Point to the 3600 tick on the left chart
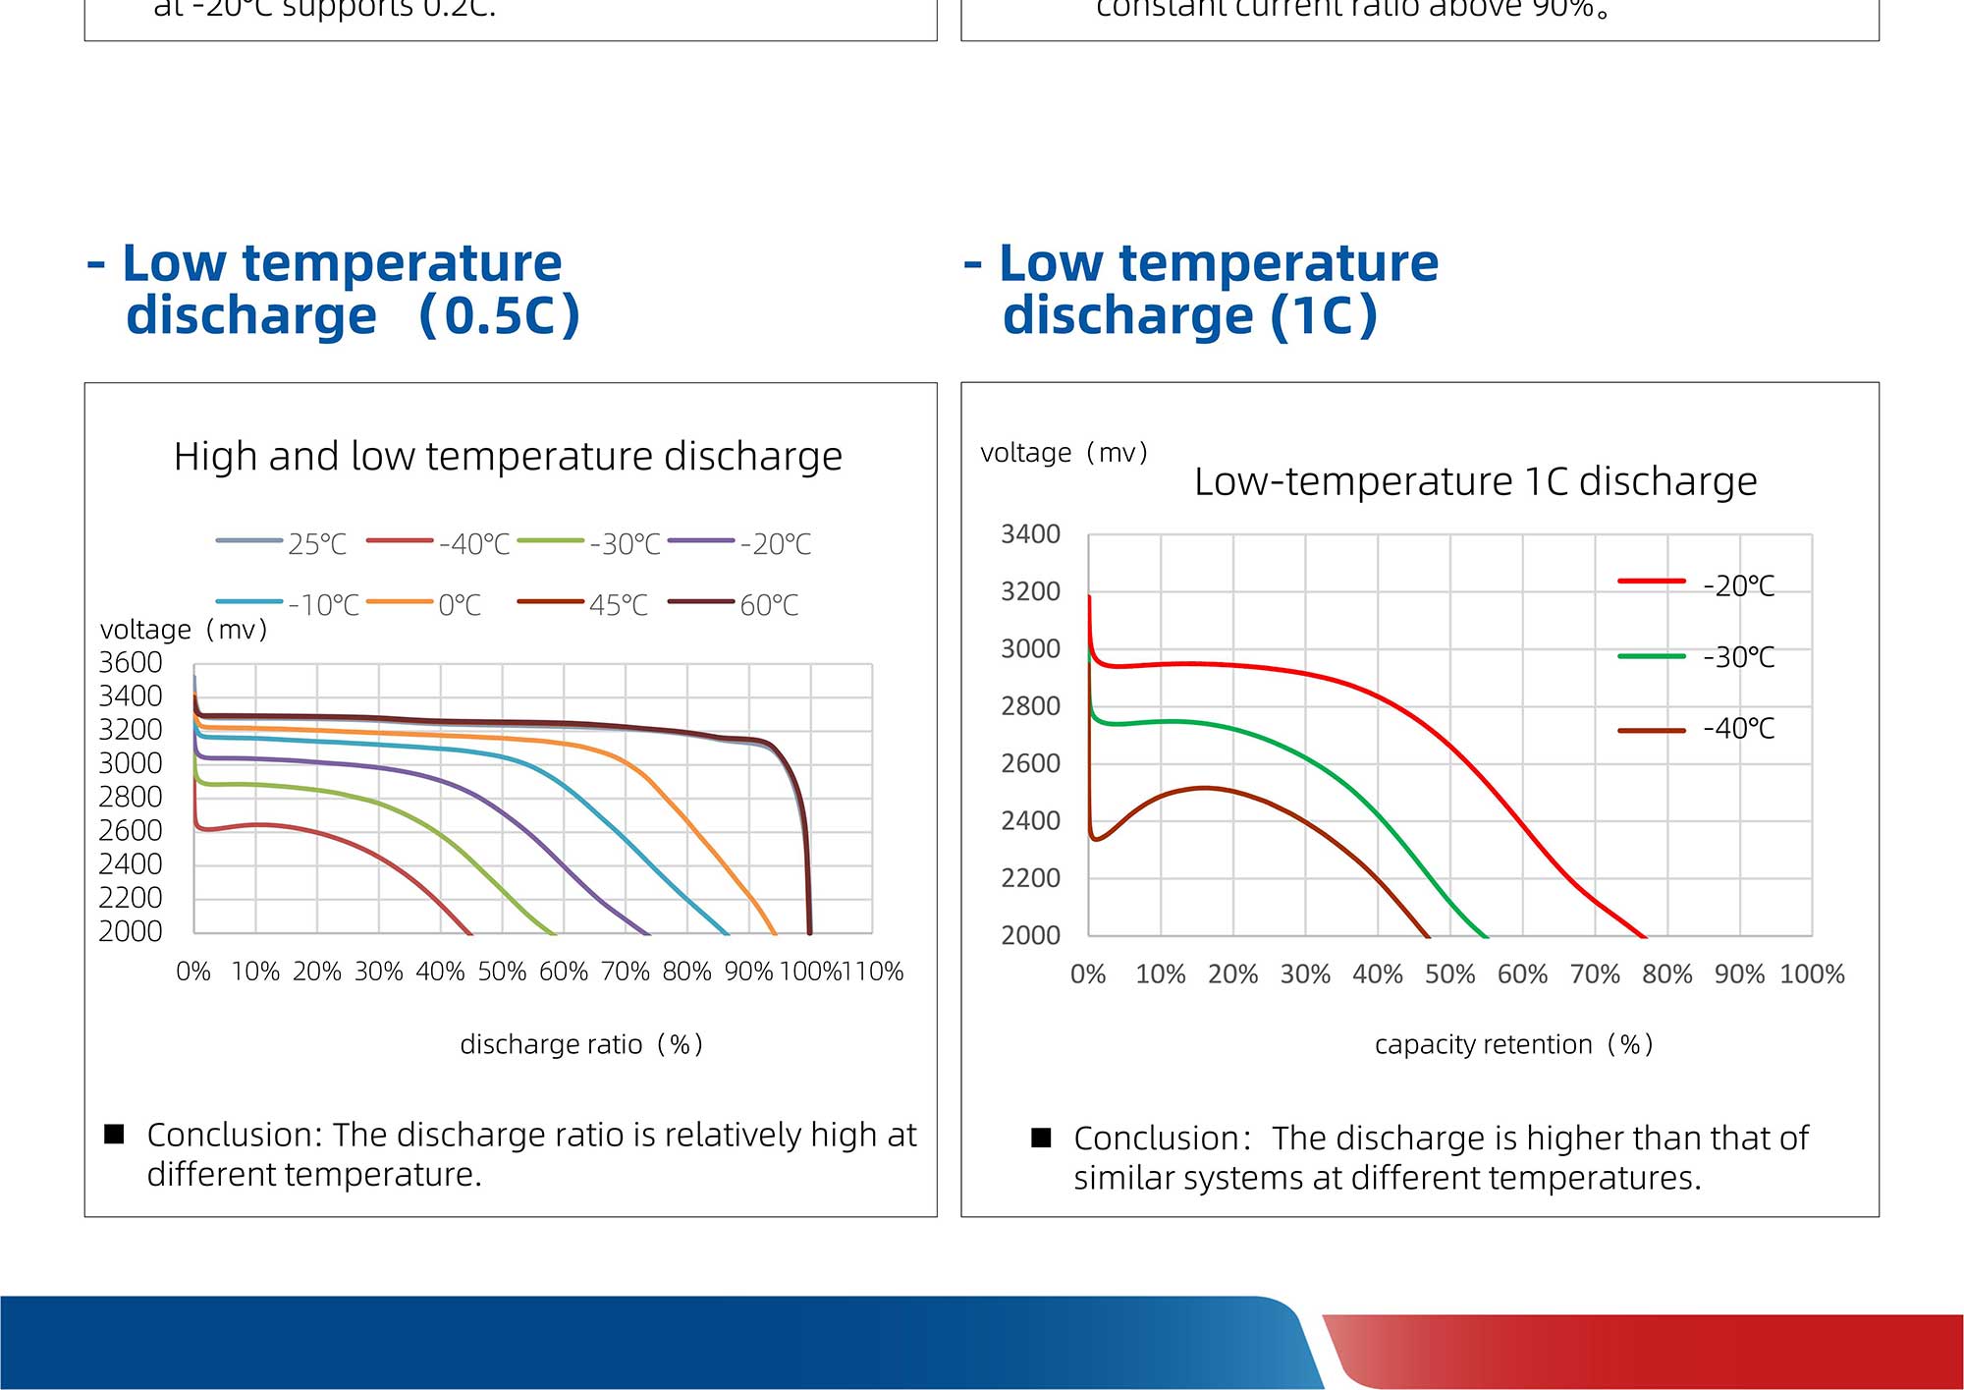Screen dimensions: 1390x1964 (131, 663)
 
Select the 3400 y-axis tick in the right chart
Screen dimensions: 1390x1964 (1030, 534)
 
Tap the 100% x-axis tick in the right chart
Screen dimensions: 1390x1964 (1812, 974)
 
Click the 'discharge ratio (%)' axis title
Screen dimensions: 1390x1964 (581, 1044)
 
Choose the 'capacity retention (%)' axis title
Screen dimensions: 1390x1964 (1513, 1044)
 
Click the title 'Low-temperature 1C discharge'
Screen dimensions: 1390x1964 (1475, 481)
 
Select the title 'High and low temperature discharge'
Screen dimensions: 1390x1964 (508, 456)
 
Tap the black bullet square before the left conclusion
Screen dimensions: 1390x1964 (114, 1134)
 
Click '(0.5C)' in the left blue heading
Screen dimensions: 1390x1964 (499, 315)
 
